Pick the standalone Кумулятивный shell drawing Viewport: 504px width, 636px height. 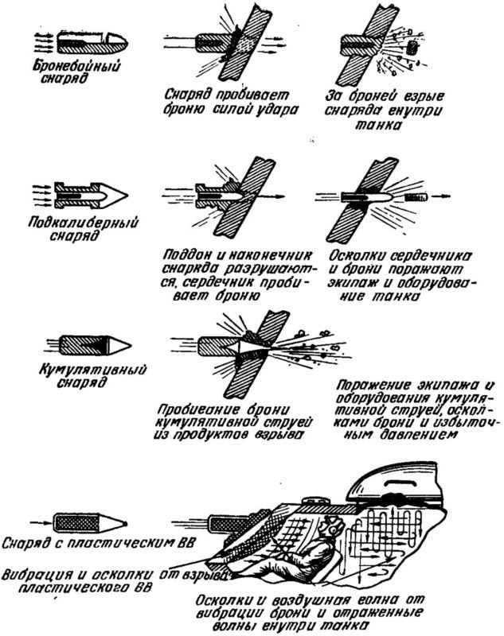tap(87, 343)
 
